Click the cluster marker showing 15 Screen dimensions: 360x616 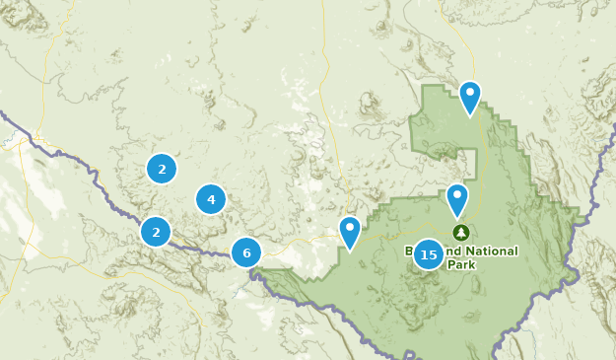point(429,254)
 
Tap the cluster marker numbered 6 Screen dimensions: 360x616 point(246,252)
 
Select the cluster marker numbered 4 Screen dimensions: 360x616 point(211,199)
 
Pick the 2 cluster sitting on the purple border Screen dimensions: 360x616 point(156,232)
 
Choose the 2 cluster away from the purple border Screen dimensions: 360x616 point(162,169)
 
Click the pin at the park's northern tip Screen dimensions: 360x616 point(470,97)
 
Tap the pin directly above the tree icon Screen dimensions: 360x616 point(457,199)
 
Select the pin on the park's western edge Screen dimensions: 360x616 point(350,232)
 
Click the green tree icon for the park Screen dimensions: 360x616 point(460,233)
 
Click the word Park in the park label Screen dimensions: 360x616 point(460,265)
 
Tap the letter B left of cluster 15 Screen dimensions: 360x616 point(410,252)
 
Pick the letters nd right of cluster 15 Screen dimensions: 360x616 point(449,252)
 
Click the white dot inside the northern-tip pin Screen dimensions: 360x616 point(470,93)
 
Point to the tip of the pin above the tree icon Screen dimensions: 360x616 point(457,218)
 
